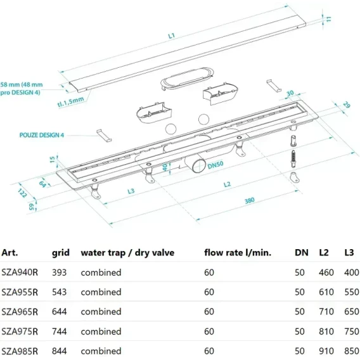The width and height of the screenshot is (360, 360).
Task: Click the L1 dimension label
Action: pos(172,36)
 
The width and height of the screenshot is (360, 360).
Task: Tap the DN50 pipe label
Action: pos(215,165)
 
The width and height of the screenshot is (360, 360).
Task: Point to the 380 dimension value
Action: pos(249,201)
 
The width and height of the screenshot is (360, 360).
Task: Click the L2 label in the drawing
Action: pos(227,184)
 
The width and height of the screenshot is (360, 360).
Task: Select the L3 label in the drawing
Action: pos(131,191)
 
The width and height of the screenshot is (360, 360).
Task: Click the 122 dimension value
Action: pos(22,193)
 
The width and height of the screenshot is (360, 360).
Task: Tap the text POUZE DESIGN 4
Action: pos(42,135)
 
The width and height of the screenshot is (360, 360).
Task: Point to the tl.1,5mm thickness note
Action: pos(70,101)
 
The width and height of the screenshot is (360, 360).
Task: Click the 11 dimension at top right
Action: pos(328,19)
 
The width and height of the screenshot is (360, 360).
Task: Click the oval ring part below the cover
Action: pos(188,79)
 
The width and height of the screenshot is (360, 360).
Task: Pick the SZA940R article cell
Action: pos(20,273)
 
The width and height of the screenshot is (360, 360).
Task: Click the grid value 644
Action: pos(59,312)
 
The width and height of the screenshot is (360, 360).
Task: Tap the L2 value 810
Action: pos(326,331)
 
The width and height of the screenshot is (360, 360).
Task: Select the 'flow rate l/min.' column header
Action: pos(238,252)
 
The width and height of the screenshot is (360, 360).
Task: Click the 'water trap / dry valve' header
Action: pos(127,252)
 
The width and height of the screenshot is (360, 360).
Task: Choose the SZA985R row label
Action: pos(20,351)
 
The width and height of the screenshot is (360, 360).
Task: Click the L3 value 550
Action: pos(352,292)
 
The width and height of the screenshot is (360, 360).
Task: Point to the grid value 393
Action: pos(59,273)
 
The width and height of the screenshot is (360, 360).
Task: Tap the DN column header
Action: pos(302,252)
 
